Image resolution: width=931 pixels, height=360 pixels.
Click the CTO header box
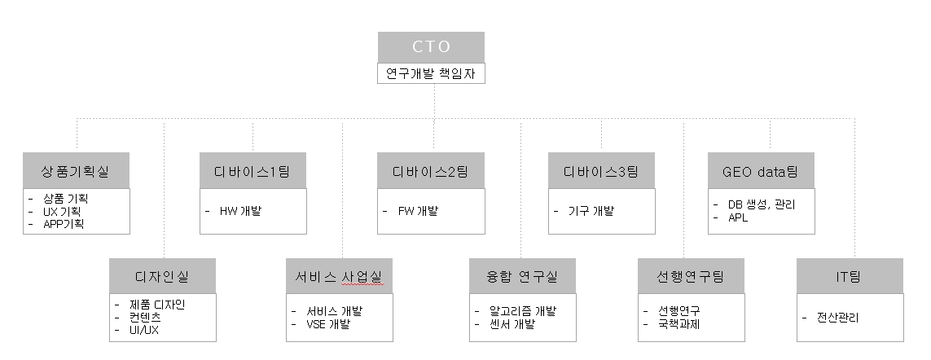pyautogui.click(x=431, y=46)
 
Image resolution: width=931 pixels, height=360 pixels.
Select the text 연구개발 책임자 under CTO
pyautogui.click(x=431, y=73)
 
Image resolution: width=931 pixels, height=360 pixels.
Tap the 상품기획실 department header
pyautogui.click(x=77, y=171)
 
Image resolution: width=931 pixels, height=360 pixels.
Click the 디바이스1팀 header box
pyautogui.click(x=253, y=171)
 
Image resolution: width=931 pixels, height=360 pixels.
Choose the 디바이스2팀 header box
pyautogui.click(x=432, y=171)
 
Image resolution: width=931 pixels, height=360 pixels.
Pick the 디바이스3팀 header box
pyautogui.click(x=601, y=171)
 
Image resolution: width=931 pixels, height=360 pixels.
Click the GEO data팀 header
pyautogui.click(x=762, y=171)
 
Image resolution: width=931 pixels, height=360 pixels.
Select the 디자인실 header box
pyautogui.click(x=162, y=276)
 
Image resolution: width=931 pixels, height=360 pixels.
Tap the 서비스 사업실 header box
pyautogui.click(x=339, y=276)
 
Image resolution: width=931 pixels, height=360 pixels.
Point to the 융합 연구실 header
pyautogui.click(x=522, y=276)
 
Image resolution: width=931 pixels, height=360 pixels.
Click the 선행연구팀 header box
pyautogui.click(x=690, y=276)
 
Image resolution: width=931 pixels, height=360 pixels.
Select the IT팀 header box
pyautogui.click(x=850, y=276)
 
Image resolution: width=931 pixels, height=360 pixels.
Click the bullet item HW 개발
pyautogui.click(x=240, y=211)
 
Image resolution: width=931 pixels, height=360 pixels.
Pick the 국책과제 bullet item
pyautogui.click(x=678, y=324)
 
